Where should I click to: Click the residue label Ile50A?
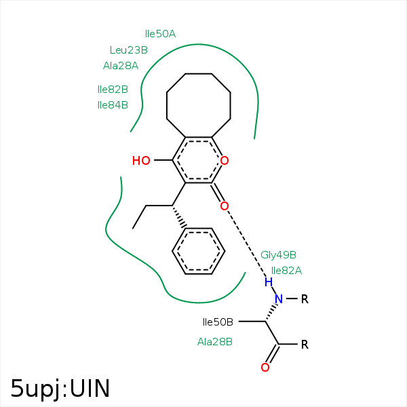click(x=160, y=33)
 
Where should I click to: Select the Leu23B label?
click(x=128, y=50)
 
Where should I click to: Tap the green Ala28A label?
click(x=120, y=66)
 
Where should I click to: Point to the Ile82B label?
click(x=113, y=89)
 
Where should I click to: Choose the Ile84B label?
click(x=113, y=105)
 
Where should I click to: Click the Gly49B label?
click(x=278, y=255)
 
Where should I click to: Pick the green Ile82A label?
click(x=286, y=270)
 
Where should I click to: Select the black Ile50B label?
click(x=218, y=322)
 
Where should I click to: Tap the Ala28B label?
click(x=215, y=342)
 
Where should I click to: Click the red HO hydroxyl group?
click(x=141, y=161)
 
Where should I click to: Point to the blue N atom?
click(x=278, y=299)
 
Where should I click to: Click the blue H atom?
click(x=269, y=282)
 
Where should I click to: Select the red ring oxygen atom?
click(x=225, y=161)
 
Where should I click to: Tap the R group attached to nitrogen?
click(x=305, y=299)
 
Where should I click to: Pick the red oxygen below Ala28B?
click(x=265, y=368)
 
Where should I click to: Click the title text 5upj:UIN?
click(x=60, y=388)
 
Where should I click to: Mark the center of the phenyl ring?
click(x=198, y=251)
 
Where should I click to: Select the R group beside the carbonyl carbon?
click(x=305, y=344)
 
